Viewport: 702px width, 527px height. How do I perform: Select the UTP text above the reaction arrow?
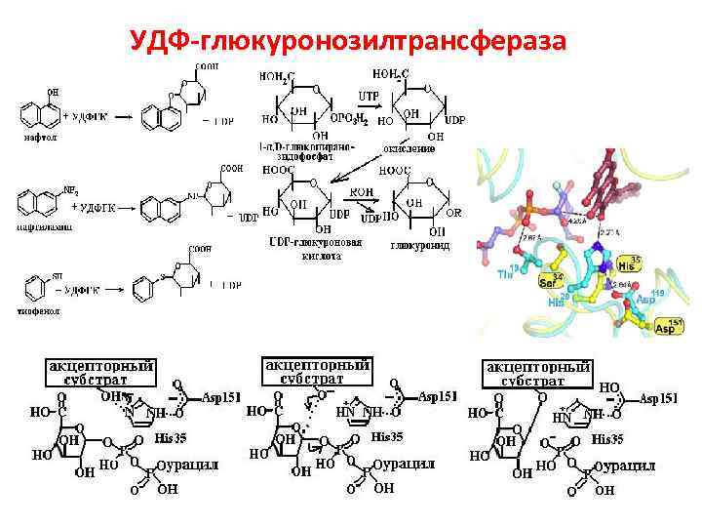click(369, 95)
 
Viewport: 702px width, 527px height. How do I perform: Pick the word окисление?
click(409, 148)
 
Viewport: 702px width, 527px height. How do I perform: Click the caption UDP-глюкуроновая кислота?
click(315, 248)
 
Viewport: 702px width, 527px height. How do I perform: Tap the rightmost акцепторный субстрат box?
click(538, 372)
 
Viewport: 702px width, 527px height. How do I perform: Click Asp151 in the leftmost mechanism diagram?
click(221, 398)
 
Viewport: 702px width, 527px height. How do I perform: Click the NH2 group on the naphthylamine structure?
click(70, 191)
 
